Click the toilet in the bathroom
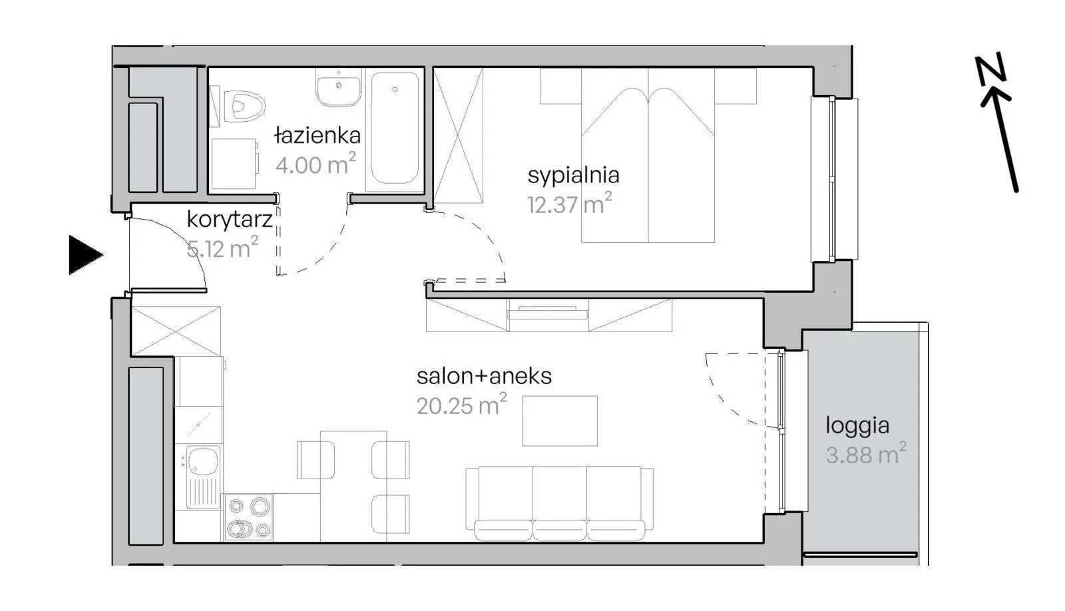(x=246, y=106)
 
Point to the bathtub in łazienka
(x=395, y=128)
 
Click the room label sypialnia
(x=573, y=176)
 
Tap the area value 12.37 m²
(x=570, y=204)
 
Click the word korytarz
(x=230, y=220)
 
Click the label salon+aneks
(x=484, y=376)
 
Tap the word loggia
(x=857, y=426)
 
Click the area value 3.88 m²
(x=866, y=454)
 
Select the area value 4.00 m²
(x=316, y=164)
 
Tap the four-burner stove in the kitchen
(x=248, y=517)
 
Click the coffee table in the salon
(x=560, y=421)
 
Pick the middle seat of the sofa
(x=560, y=503)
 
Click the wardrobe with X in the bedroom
(x=459, y=136)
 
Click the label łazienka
(x=318, y=136)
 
